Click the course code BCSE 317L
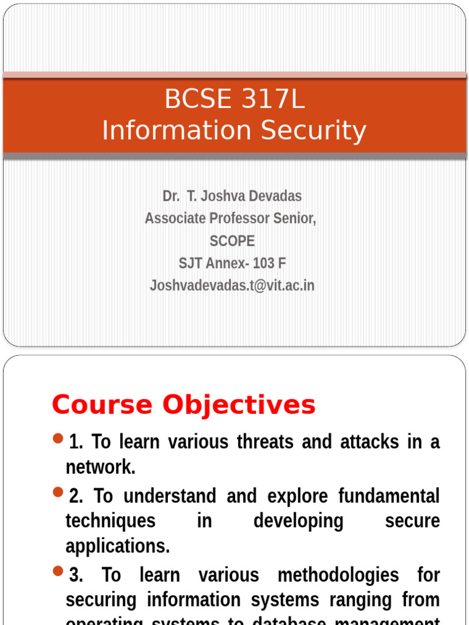tap(234, 99)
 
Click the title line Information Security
tap(234, 131)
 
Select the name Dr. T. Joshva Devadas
tap(232, 196)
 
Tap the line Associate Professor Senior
tap(231, 219)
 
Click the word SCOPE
tap(232, 241)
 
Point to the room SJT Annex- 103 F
tap(232, 263)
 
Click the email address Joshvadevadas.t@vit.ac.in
tap(232, 285)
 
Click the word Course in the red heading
tap(102, 405)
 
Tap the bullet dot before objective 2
tap(59, 491)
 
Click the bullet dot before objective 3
tap(59, 571)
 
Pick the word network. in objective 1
tap(100, 468)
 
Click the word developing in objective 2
tap(298, 521)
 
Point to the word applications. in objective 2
tap(117, 546)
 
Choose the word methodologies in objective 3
tap(338, 575)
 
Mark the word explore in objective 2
tap(276, 496)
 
